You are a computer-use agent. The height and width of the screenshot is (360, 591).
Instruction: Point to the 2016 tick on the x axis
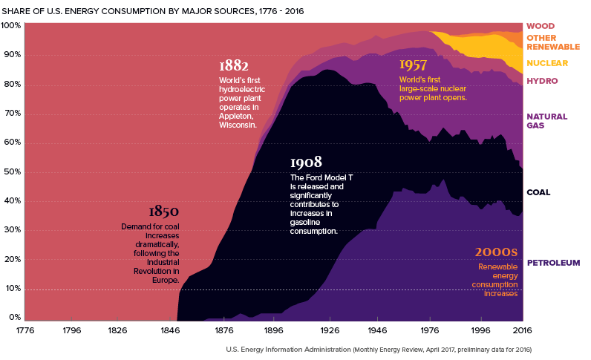(x=523, y=330)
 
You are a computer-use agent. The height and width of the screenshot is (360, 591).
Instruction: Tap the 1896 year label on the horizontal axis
(x=274, y=330)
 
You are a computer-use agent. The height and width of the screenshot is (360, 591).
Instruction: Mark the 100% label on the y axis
(x=11, y=25)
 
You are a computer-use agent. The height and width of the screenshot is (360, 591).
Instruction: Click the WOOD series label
(x=541, y=26)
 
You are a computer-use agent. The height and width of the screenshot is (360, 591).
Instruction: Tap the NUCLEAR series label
(x=548, y=63)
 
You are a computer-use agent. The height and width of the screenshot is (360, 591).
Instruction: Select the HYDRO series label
(x=542, y=80)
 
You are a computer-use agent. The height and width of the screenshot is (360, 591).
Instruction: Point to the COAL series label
(x=538, y=192)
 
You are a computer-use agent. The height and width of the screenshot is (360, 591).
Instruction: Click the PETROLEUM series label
(x=553, y=263)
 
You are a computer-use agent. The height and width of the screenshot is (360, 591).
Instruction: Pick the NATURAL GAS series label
(x=547, y=121)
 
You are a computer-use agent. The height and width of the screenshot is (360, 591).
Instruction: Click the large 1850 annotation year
(x=163, y=212)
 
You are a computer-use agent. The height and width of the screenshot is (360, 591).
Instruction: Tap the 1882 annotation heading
(x=234, y=65)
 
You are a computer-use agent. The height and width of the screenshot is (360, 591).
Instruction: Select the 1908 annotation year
(x=306, y=163)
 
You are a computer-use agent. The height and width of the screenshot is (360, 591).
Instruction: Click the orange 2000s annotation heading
(x=497, y=252)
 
